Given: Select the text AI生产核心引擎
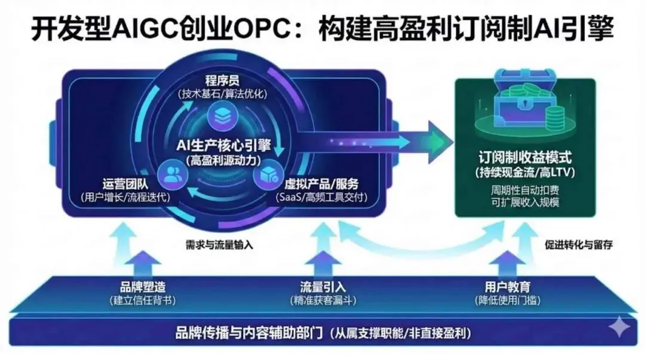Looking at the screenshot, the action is pos(222,146).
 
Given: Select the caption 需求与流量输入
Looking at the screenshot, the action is pos(214,244).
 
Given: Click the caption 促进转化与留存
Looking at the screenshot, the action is pos(579,244).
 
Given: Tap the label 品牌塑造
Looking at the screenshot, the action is pos(142,287).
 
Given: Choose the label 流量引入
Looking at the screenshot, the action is pos(323,287).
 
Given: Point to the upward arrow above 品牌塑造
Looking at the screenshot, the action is pos(142,261).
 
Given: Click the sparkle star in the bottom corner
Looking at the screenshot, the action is pos(619,328).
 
